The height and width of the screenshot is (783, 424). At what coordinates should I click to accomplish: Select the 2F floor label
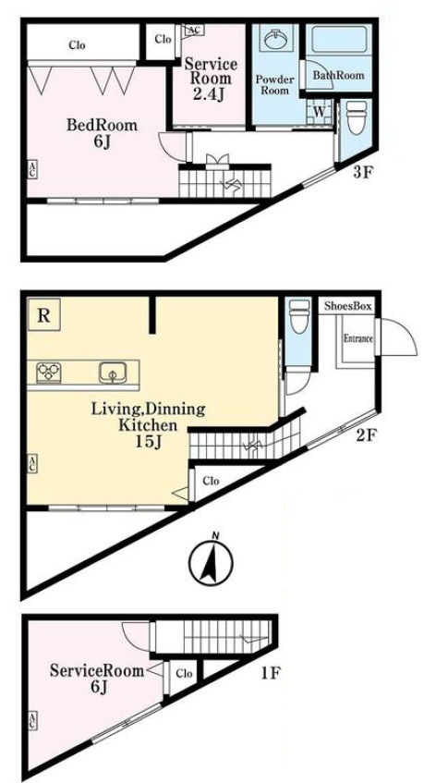pyautogui.click(x=366, y=436)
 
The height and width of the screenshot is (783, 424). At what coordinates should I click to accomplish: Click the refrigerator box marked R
pyautogui.click(x=44, y=314)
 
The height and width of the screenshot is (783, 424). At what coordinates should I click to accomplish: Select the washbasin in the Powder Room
pyautogui.click(x=275, y=40)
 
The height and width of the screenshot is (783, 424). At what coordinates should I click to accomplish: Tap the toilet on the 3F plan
pyautogui.click(x=357, y=117)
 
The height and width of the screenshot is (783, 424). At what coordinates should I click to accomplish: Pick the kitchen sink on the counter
pyautogui.click(x=113, y=372)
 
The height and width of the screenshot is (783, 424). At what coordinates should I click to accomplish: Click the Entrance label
pyautogui.click(x=358, y=338)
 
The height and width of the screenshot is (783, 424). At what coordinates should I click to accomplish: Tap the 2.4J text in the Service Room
pyautogui.click(x=207, y=94)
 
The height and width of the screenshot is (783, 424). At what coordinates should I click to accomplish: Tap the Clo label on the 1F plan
pyautogui.click(x=184, y=673)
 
